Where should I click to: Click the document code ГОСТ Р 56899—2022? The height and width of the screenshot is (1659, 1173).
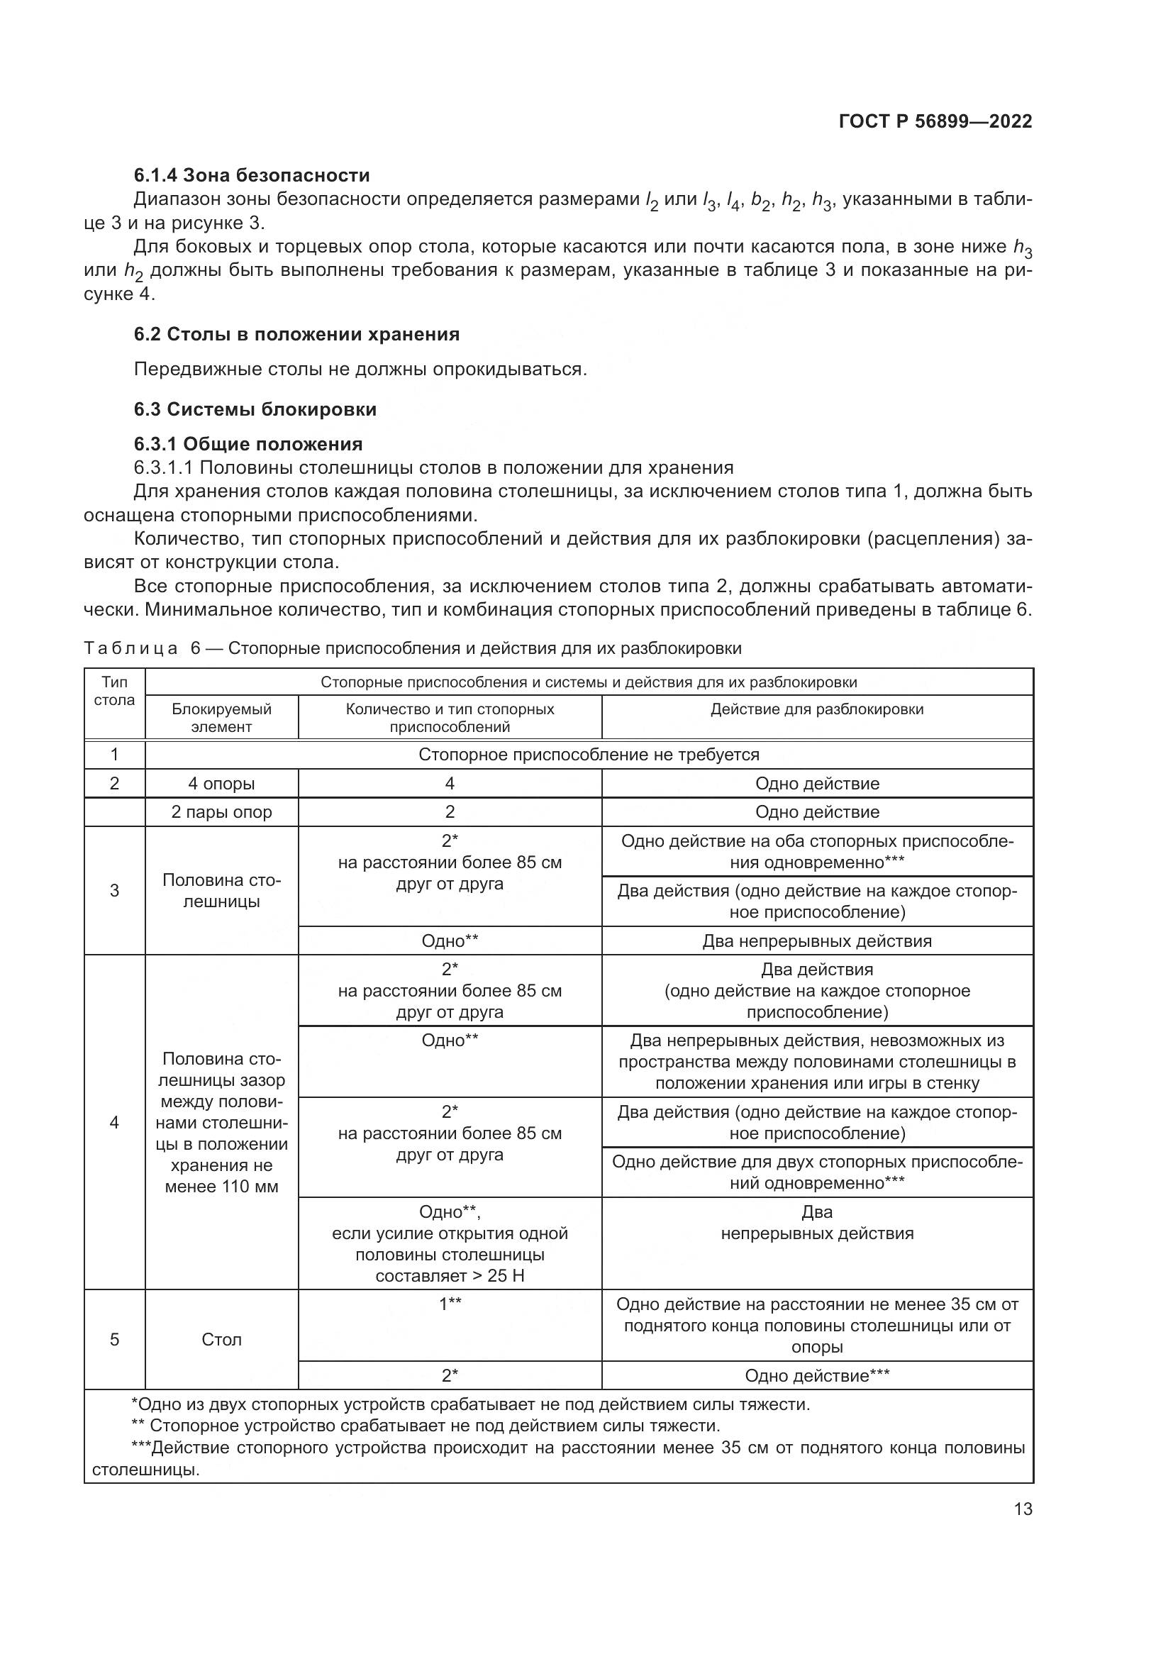(935, 121)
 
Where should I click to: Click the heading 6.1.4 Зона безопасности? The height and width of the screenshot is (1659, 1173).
(251, 175)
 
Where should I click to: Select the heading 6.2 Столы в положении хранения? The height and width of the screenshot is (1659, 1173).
(296, 334)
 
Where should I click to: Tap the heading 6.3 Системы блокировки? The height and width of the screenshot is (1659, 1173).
(255, 409)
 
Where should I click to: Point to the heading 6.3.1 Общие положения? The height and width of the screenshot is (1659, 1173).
(248, 443)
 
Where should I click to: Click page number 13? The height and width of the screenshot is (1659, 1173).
(1023, 1509)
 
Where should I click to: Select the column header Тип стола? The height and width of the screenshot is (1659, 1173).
(114, 692)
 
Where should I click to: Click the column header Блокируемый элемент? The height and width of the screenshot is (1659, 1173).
(221, 718)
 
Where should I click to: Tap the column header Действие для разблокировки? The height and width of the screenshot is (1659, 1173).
(817, 709)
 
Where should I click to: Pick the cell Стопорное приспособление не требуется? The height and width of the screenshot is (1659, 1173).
(589, 755)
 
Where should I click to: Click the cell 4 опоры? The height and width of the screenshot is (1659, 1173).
(221, 783)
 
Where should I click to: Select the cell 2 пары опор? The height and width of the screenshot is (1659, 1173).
(221, 811)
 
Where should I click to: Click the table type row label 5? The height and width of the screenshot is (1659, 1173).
(114, 1340)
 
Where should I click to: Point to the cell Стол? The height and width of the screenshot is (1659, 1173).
(221, 1340)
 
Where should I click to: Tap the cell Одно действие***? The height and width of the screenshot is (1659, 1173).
(817, 1376)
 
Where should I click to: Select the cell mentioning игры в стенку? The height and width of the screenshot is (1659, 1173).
(817, 1062)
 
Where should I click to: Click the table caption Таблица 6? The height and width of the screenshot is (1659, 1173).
(413, 648)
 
